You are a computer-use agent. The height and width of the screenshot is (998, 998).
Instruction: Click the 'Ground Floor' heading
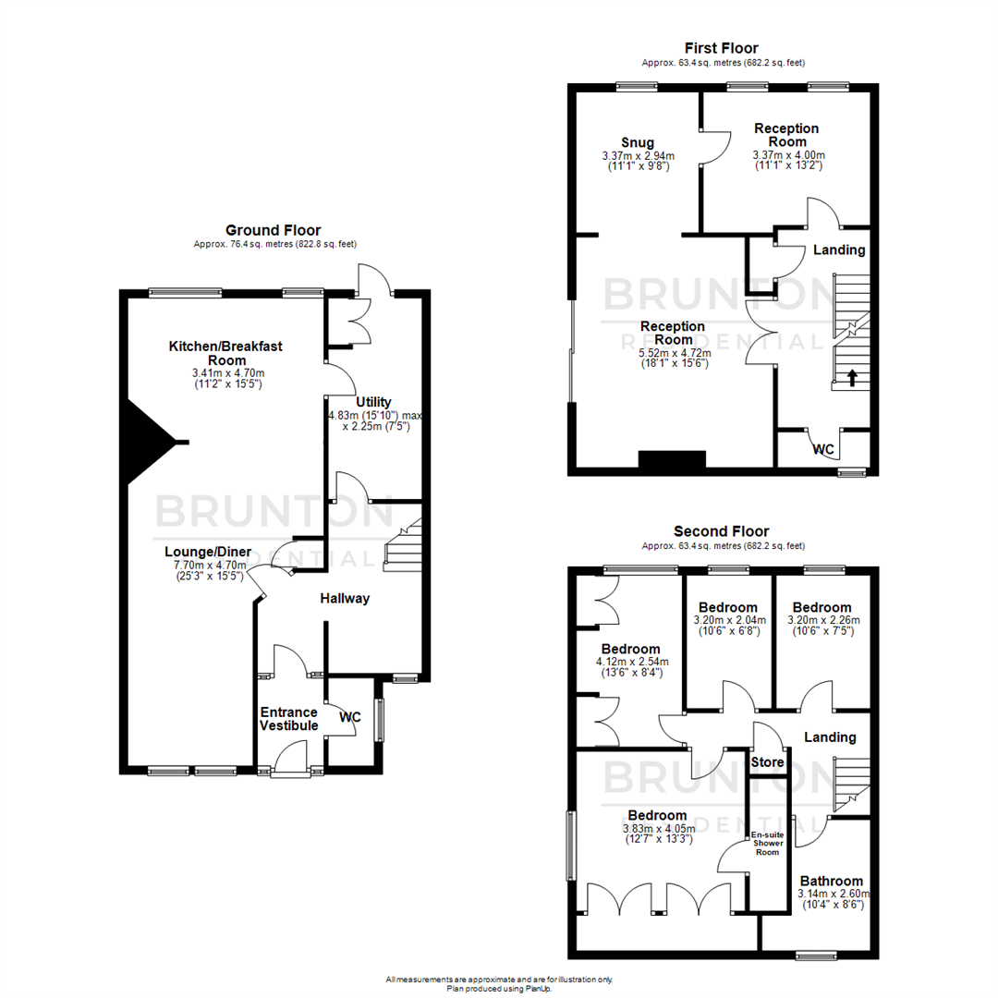pyautogui.click(x=274, y=230)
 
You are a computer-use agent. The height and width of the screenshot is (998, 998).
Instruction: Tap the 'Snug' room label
pyautogui.click(x=638, y=142)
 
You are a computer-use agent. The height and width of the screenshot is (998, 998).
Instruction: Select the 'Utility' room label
pyautogui.click(x=372, y=402)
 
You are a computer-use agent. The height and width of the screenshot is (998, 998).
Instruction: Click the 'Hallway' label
pyautogui.click(x=345, y=598)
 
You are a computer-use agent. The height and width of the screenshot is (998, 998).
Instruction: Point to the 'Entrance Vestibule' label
pyautogui.click(x=288, y=719)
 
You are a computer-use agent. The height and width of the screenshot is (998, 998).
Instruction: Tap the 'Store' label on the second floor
pyautogui.click(x=767, y=763)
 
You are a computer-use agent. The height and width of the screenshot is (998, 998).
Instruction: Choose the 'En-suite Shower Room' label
pyautogui.click(x=768, y=843)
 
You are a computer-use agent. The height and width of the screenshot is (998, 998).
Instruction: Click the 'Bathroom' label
pyautogui.click(x=832, y=881)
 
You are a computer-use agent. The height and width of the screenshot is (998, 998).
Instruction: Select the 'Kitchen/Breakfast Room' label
pyautogui.click(x=225, y=353)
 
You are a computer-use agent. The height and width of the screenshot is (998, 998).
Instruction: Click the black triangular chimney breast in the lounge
pyautogui.click(x=148, y=442)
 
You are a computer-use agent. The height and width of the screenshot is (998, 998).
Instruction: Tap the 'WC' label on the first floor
pyautogui.click(x=824, y=450)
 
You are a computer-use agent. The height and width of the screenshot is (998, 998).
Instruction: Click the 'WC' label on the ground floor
pyautogui.click(x=349, y=716)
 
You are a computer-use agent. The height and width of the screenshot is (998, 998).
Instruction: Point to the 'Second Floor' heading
pyautogui.click(x=721, y=530)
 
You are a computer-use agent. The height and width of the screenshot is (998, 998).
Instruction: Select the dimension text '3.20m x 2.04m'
pyautogui.click(x=729, y=620)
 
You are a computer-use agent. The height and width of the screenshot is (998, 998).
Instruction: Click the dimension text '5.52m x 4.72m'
pyautogui.click(x=674, y=352)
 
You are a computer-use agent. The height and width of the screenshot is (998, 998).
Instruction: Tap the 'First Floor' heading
pyautogui.click(x=721, y=48)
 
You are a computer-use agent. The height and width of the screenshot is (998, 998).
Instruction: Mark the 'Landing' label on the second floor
pyautogui.click(x=830, y=737)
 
